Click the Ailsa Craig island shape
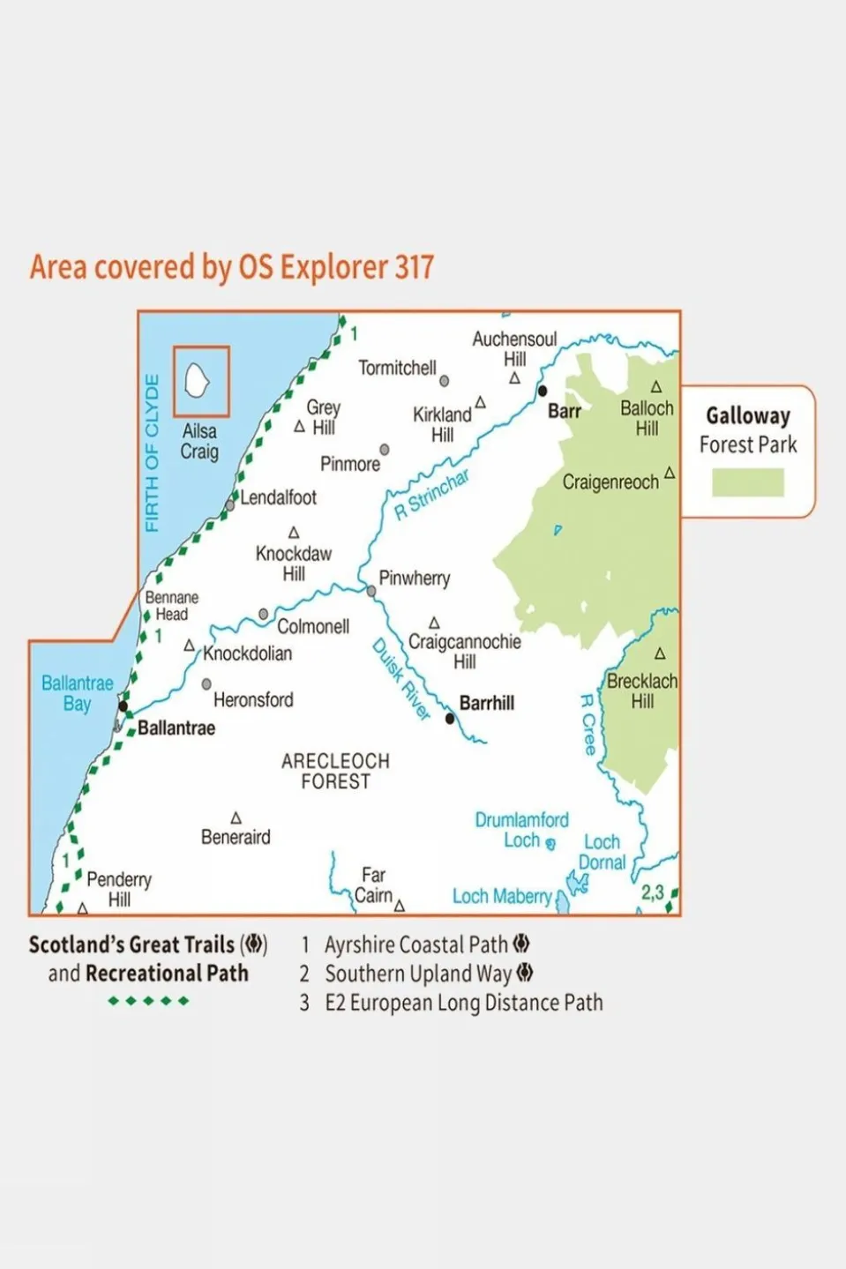click(x=197, y=381)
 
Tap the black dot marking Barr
click(x=543, y=391)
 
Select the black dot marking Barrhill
click(x=450, y=719)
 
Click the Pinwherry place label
click(x=414, y=579)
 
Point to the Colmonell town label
click(x=313, y=626)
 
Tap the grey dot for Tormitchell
click(x=445, y=381)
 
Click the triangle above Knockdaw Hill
click(x=294, y=533)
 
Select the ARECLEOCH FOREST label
click(x=335, y=771)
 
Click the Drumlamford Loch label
click(x=521, y=830)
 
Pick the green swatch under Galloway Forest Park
click(x=747, y=482)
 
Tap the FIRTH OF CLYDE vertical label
click(x=152, y=453)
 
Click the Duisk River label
click(x=401, y=679)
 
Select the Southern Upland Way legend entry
click(x=418, y=974)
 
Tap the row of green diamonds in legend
click(x=148, y=1001)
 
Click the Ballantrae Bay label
click(x=78, y=693)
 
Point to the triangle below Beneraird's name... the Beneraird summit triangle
click(x=236, y=818)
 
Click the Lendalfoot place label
click(x=278, y=497)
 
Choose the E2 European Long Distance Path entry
click(x=463, y=1003)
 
